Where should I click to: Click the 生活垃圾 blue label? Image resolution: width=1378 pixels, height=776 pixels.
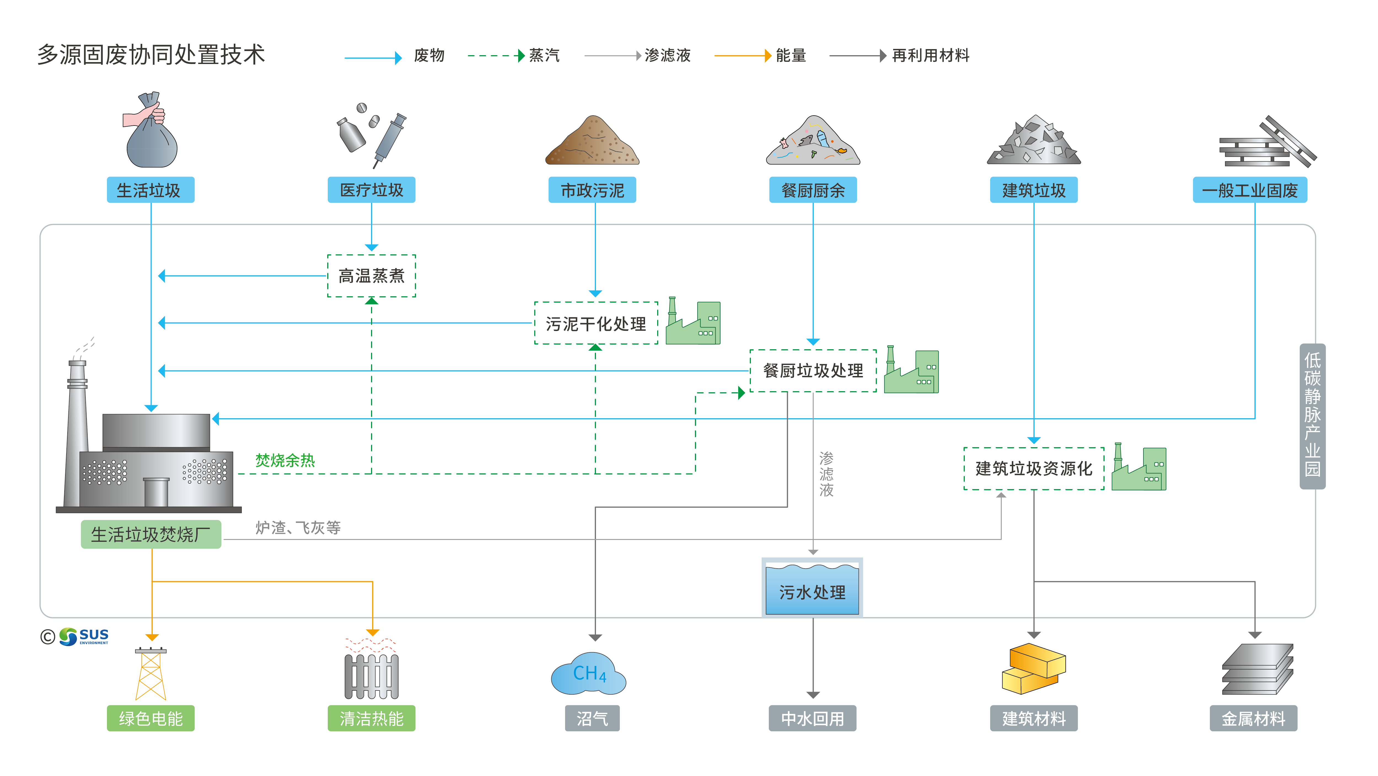pyautogui.click(x=150, y=190)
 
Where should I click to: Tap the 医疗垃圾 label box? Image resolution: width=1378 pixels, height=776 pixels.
pyautogui.click(x=371, y=190)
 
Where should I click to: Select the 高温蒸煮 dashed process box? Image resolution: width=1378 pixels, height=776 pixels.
pyautogui.click(x=371, y=276)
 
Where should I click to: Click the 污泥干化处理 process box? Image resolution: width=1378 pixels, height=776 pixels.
pyautogui.click(x=595, y=323)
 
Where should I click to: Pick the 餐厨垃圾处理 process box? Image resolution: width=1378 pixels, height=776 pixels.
pyautogui.click(x=813, y=370)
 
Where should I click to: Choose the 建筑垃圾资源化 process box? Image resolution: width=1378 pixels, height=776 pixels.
pyautogui.click(x=1033, y=468)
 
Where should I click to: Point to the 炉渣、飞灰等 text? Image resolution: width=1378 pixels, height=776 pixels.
pyautogui.click(x=297, y=528)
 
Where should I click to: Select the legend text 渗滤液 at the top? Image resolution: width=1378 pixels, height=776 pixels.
pyautogui.click(x=667, y=55)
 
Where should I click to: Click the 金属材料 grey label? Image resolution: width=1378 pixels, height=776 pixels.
pyautogui.click(x=1253, y=718)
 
